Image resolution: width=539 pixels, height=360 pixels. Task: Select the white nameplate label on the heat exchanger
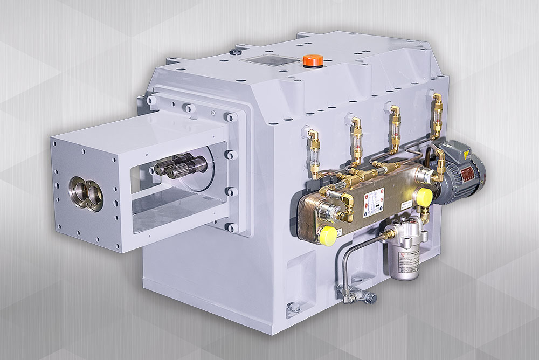click(374, 199)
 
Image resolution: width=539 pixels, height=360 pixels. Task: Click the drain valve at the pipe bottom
click(357, 294)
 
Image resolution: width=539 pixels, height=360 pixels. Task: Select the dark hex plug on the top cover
click(235, 52)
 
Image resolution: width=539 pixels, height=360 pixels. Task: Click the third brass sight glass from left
click(396, 130)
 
